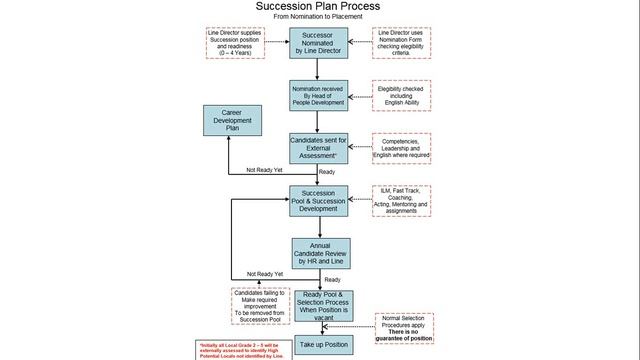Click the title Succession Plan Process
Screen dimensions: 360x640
319,8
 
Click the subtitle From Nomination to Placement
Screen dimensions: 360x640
319,19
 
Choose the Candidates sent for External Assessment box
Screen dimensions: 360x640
319,149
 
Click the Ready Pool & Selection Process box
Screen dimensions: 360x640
319,306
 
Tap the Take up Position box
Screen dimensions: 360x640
319,343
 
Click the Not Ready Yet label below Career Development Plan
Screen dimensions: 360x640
265,169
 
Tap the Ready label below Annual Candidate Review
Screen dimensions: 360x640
332,279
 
